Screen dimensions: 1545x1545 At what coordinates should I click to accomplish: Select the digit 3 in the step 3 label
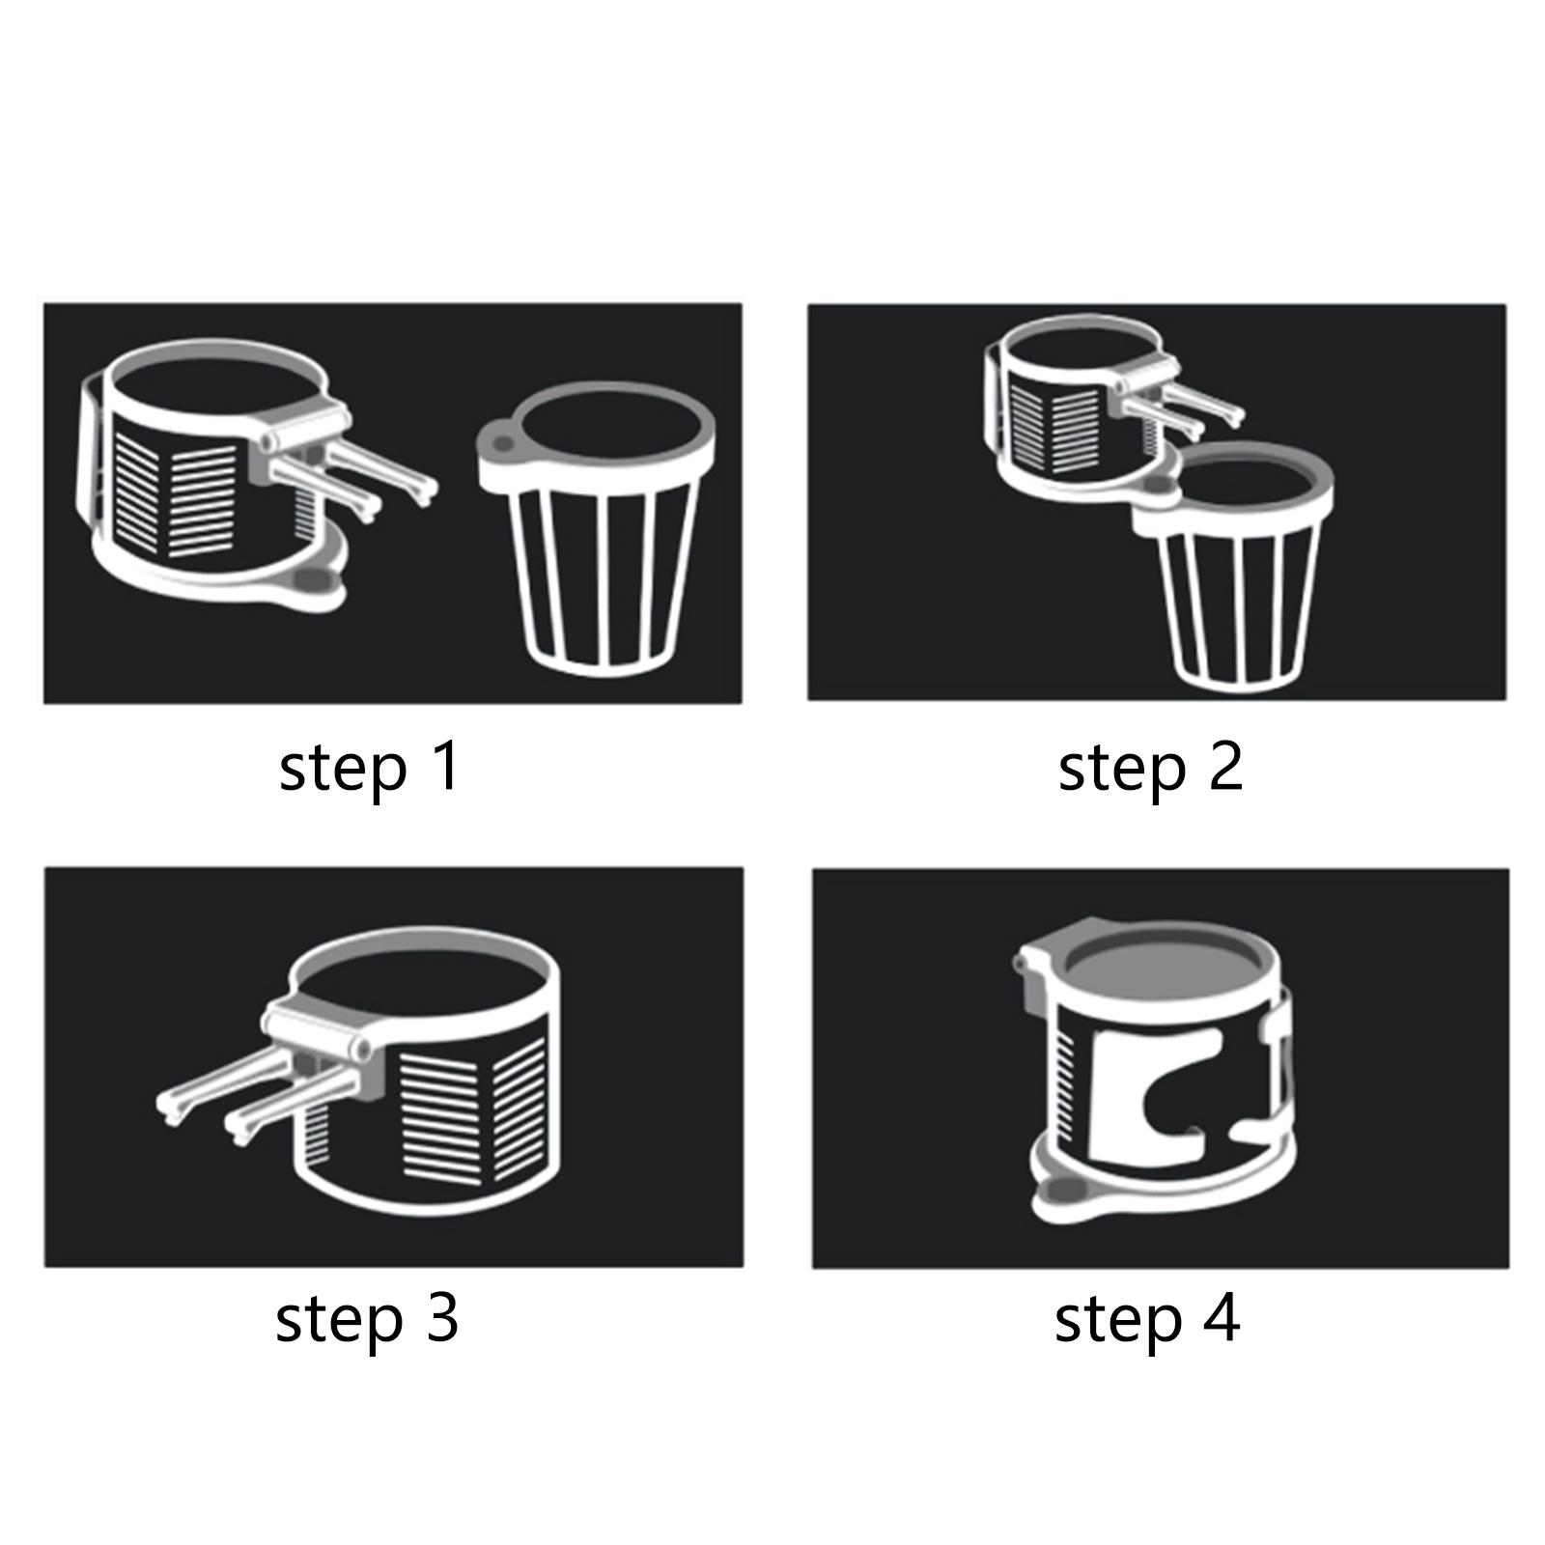point(440,1319)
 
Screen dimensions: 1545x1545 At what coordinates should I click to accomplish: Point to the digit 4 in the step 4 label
point(1222,1319)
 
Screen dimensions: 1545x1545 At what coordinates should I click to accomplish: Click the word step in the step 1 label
point(343,771)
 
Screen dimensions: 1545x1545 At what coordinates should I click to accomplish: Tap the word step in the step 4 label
point(1118,1322)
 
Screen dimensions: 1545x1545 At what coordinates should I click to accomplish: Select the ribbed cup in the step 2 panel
point(1233,566)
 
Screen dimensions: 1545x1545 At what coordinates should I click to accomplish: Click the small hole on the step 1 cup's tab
point(500,443)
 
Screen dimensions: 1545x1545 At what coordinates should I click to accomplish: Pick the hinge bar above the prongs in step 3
point(319,1031)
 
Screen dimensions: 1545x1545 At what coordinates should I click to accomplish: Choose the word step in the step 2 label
point(1121,771)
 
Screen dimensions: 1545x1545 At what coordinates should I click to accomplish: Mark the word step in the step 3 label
point(339,1322)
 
